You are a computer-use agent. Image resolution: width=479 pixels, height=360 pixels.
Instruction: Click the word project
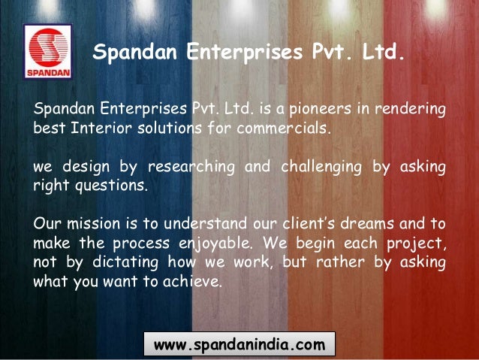[x=417, y=242]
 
